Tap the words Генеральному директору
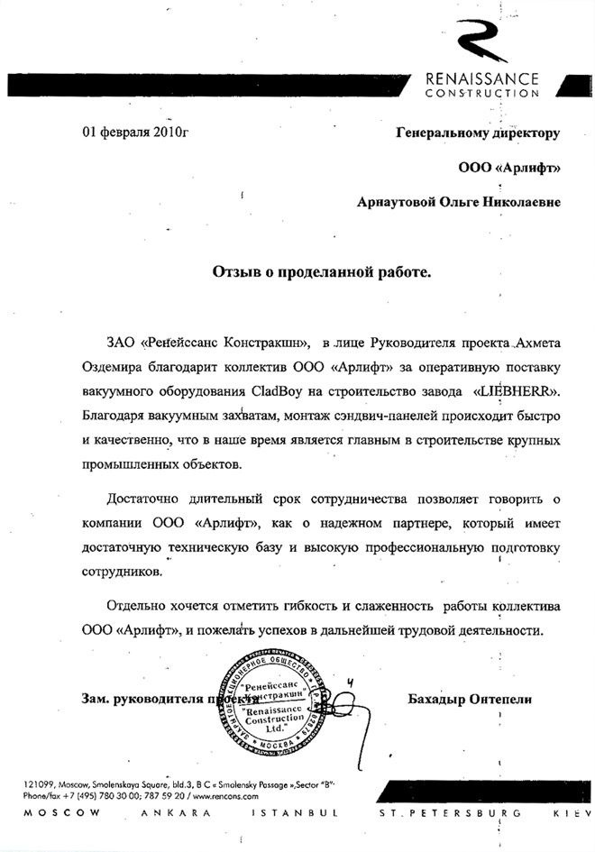478,133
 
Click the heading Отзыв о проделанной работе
322,270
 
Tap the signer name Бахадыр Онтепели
470,699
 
